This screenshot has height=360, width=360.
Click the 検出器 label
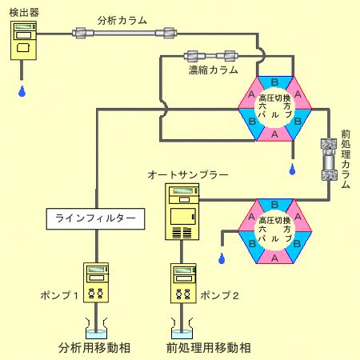[x=24, y=12]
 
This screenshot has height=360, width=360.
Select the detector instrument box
[x=23, y=41]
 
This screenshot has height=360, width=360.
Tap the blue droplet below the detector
[x=22, y=91]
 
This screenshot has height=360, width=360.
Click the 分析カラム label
[x=122, y=21]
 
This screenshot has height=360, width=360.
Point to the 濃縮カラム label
[x=213, y=70]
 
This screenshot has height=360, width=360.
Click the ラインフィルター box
[x=95, y=218]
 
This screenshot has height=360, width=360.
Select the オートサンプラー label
[x=188, y=175]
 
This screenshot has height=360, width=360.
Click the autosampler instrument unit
[x=182, y=211]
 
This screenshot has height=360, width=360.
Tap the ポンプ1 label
[x=59, y=295]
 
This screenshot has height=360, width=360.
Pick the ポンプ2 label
[x=219, y=295]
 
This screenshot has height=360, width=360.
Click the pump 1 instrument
[x=96, y=282]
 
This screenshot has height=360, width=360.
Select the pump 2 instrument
[x=183, y=283]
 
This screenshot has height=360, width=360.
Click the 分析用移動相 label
[x=94, y=348]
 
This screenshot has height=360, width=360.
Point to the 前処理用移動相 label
[x=209, y=348]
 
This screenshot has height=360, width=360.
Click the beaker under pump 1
[x=96, y=330]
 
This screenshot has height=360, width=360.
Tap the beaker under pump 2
[x=182, y=330]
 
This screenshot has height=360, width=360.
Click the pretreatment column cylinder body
[x=329, y=159]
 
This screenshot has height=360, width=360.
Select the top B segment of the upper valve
[x=274, y=82]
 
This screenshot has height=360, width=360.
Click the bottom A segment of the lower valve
[x=274, y=258]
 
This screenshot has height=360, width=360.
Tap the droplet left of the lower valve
[x=222, y=258]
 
